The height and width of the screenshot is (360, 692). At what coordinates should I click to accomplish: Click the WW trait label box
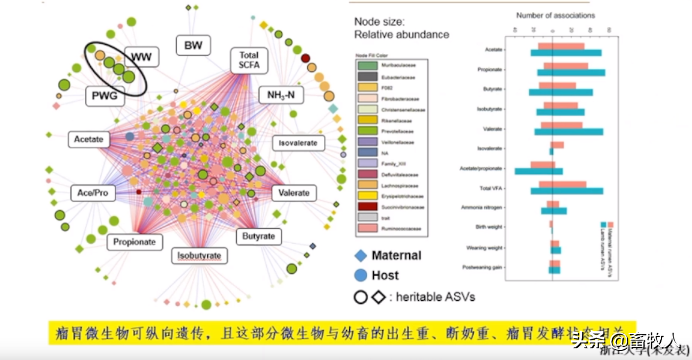141,58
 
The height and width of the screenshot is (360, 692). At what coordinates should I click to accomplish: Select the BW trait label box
193,46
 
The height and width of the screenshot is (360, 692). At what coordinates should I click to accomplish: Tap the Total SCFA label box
249,60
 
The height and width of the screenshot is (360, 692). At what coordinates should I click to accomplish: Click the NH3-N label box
285,95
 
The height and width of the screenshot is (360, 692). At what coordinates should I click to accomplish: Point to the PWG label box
104,95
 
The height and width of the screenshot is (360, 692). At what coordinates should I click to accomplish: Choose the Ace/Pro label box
92,193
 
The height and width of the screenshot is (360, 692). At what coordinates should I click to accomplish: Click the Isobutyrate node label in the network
199,256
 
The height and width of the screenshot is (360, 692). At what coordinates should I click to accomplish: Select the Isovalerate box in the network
298,144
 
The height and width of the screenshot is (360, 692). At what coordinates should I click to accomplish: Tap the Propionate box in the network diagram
134,242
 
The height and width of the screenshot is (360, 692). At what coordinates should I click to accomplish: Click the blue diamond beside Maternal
360,256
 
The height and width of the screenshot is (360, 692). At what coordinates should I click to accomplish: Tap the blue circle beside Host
360,276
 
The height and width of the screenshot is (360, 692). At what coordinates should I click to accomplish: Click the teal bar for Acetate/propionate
538,172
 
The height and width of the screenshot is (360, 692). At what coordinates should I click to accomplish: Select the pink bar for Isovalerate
558,144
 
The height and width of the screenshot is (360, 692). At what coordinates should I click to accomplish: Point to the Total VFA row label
491,189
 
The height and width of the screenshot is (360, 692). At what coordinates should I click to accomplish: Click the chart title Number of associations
555,16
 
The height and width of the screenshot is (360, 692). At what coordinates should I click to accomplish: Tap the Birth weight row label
489,228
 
